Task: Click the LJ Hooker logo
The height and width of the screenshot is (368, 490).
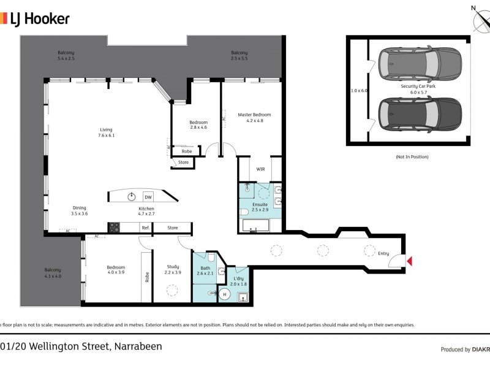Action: pos(35,19)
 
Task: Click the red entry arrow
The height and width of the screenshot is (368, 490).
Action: pos(410,262)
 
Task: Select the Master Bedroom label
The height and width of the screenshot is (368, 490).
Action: pos(254,115)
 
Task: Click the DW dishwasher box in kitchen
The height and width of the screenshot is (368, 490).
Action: pos(148,197)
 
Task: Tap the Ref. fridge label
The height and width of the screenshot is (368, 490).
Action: pos(145,228)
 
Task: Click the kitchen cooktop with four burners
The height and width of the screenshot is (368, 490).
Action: pos(114,228)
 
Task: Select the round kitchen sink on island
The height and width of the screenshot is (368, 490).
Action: pos(132,196)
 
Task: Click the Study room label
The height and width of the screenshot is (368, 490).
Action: pos(173,267)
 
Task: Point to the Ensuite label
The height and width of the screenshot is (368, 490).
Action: pos(260,204)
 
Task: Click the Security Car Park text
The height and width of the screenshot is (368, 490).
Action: pos(418,86)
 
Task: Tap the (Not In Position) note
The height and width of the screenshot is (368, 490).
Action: pos(412,157)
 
